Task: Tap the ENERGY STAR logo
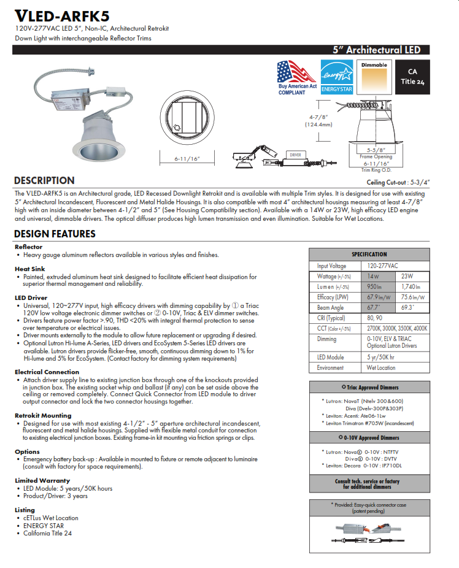(x=336, y=77)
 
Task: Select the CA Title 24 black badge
(x=412, y=77)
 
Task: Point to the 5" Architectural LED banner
(x=376, y=50)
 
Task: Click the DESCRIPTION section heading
(x=44, y=181)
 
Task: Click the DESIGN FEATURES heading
(x=55, y=234)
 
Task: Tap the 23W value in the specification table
(x=407, y=277)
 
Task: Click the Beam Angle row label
(x=330, y=307)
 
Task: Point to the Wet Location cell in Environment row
(x=381, y=367)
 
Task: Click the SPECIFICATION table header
(x=369, y=254)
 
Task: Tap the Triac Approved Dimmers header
(x=369, y=387)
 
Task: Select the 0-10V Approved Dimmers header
(x=369, y=437)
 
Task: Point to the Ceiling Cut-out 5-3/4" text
(x=398, y=183)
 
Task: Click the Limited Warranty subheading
(x=42, y=481)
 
